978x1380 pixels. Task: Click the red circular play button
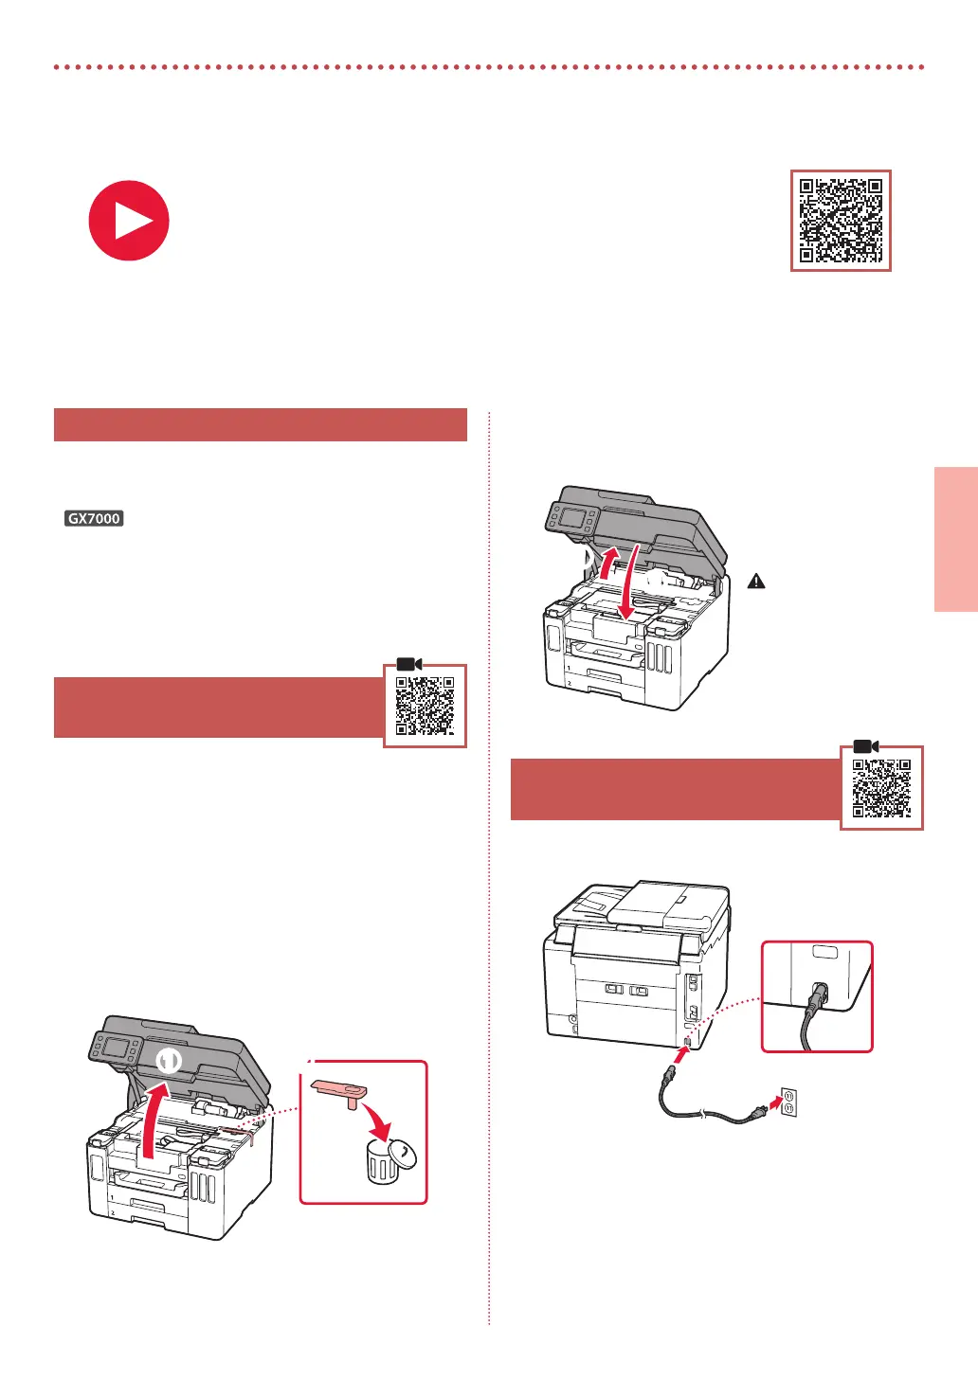tap(129, 221)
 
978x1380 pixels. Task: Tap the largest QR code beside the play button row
tap(841, 221)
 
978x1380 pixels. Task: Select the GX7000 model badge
tap(94, 518)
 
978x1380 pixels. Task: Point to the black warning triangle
tap(756, 581)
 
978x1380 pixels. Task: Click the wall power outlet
tap(789, 1102)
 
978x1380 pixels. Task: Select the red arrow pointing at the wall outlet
tap(776, 1102)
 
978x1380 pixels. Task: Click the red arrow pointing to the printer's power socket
tap(679, 1056)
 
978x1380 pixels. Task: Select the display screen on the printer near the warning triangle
tap(574, 517)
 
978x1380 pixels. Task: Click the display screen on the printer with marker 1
tap(117, 1048)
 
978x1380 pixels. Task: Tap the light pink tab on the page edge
tap(956, 539)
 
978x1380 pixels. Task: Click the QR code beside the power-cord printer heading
tap(881, 788)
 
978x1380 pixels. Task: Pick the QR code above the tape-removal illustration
tap(425, 706)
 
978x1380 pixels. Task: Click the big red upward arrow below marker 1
tap(153, 1120)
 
